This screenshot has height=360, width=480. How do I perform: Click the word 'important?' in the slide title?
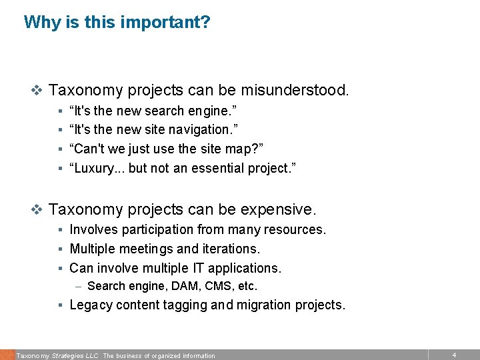coord(170,23)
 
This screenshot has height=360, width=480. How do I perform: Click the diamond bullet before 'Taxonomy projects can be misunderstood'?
coord(37,90)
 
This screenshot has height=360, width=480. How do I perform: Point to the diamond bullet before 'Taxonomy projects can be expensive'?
coord(37,209)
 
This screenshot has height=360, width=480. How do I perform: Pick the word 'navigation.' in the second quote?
coord(205,129)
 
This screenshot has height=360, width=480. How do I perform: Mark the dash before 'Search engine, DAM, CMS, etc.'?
coord(79,287)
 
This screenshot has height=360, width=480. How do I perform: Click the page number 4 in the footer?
coord(454,355)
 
